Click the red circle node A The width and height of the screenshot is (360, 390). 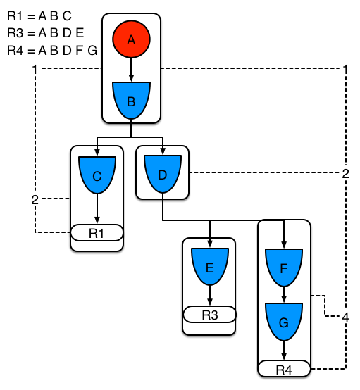(131, 40)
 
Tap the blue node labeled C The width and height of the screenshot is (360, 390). (97, 175)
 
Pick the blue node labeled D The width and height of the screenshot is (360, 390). (163, 173)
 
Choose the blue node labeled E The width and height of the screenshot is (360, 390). (209, 267)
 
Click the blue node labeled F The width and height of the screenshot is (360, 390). (284, 268)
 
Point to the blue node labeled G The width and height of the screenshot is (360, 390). (284, 321)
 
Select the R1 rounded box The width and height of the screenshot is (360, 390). (97, 233)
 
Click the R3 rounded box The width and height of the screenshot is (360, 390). (209, 314)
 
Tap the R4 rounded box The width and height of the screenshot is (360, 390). (284, 369)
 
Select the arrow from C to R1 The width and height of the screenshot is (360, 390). (97, 210)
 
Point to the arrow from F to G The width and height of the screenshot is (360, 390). (284, 294)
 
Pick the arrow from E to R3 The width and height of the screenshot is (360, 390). (209, 296)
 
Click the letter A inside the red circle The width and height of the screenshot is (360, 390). (131, 41)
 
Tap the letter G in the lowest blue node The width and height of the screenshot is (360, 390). (284, 323)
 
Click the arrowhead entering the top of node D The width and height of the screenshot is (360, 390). (163, 152)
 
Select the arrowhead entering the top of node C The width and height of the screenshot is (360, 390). (97, 152)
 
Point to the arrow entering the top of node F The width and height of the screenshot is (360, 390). (284, 236)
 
